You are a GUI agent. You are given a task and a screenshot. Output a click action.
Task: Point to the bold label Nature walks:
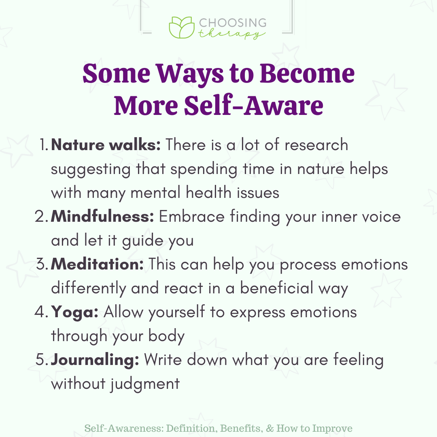coord(106,145)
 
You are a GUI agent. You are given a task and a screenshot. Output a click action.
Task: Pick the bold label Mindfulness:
coord(102,216)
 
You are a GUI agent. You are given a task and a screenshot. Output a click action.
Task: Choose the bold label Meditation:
coord(98,265)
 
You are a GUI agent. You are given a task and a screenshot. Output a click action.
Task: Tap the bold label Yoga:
coord(75,312)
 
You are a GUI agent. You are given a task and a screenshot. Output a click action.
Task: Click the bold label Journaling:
coord(95,360)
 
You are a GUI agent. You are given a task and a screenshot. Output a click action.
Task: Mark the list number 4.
coord(42,313)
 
